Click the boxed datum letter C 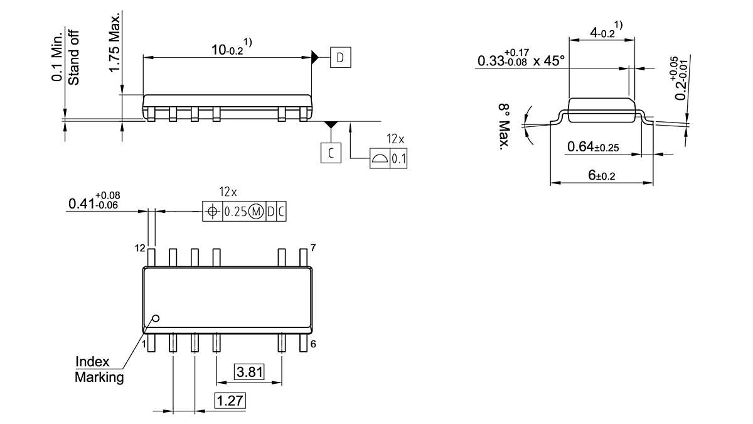(331, 153)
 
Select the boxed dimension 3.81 (249, 372)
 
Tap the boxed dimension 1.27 (230, 400)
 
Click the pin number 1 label (144, 344)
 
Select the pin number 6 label (313, 344)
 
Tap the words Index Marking (99, 370)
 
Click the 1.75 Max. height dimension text (114, 41)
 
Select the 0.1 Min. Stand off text (65, 57)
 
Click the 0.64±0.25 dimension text (593, 148)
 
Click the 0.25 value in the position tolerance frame (236, 212)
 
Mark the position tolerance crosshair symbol (213, 212)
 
